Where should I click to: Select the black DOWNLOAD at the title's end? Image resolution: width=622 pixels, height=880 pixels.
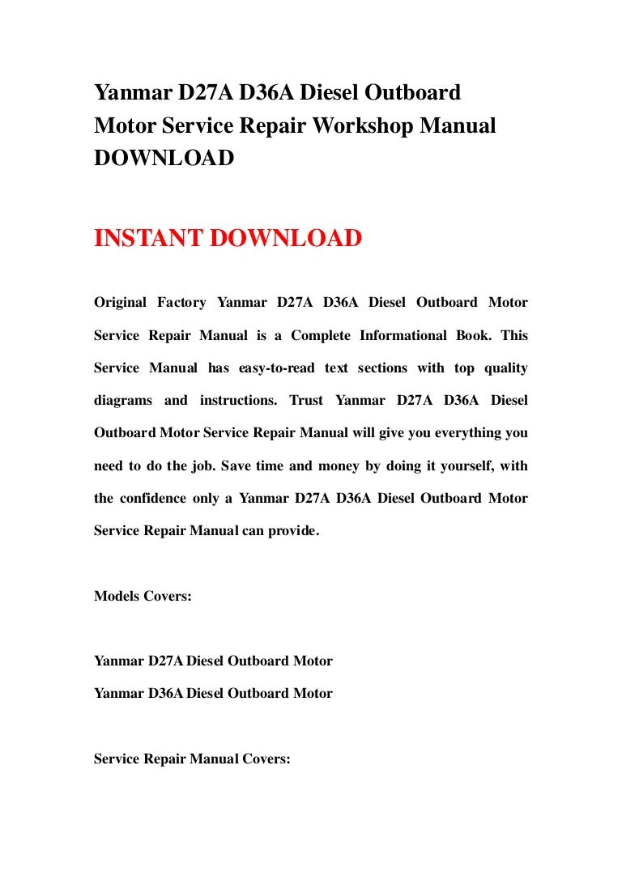tap(164, 159)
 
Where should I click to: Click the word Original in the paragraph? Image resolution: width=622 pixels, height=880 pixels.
tap(121, 303)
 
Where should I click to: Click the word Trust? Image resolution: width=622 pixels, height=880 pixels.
tap(306, 401)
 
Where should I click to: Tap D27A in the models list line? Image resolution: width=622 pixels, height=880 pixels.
tap(165, 661)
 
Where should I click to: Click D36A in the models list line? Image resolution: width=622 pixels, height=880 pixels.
tap(165, 694)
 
